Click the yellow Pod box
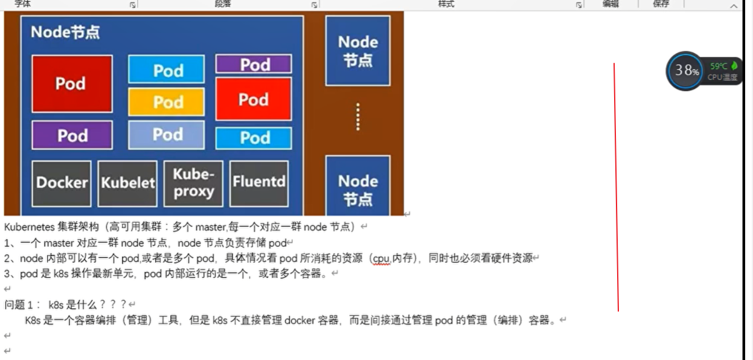pos(166,101)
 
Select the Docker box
pos(62,182)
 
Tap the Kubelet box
pos(127,182)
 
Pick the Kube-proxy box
pos(193,182)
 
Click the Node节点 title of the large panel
pos(65,32)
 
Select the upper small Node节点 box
pos(357,51)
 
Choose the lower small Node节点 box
pos(357,189)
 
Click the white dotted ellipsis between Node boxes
pos(358,117)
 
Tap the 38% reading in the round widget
pos(687,71)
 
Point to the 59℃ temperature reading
pos(719,66)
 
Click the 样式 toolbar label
pos(446,4)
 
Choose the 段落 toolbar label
pos(223,4)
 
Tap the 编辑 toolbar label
pos(610,4)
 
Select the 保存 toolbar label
pos(661,4)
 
